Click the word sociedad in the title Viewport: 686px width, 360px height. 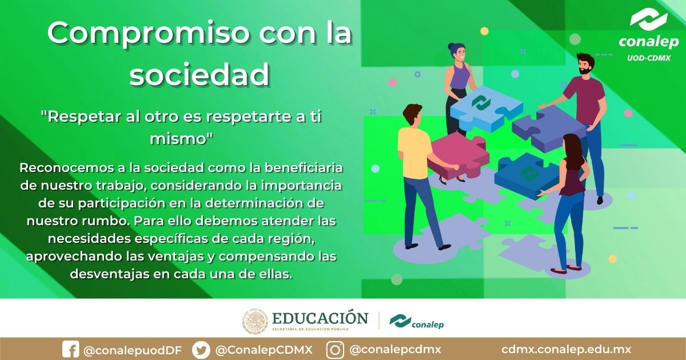(x=199, y=74)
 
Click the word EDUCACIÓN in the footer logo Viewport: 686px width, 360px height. (x=320, y=318)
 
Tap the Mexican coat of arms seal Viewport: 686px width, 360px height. (x=254, y=322)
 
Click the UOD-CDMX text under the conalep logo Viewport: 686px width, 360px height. (x=648, y=58)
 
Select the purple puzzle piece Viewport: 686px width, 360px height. (x=546, y=130)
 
